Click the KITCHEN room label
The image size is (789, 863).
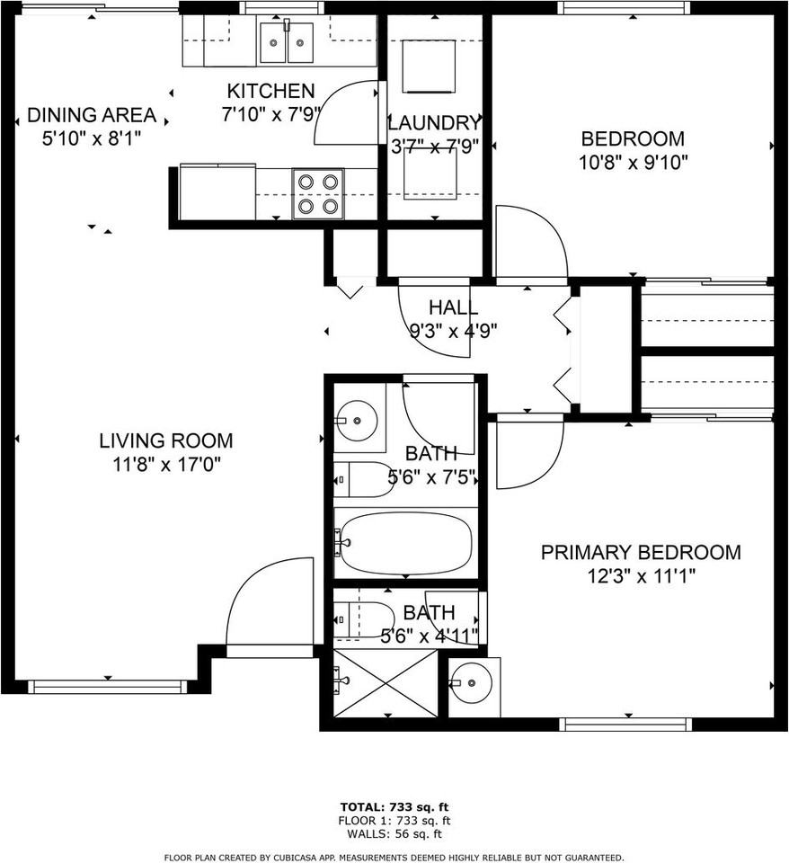[270, 91]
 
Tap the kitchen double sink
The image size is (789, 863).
[287, 42]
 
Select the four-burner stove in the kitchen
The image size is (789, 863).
[319, 193]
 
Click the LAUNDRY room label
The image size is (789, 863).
[434, 123]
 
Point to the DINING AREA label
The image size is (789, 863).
[92, 116]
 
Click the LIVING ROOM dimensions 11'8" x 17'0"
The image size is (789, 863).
[166, 464]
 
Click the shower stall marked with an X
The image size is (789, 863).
[385, 682]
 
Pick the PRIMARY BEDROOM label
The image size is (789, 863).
[641, 552]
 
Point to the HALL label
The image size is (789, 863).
[453, 307]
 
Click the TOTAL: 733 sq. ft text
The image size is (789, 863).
[394, 805]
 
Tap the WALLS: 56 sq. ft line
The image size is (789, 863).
[394, 833]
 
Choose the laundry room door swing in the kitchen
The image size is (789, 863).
[346, 112]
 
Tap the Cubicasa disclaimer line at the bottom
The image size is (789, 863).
[394, 857]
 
